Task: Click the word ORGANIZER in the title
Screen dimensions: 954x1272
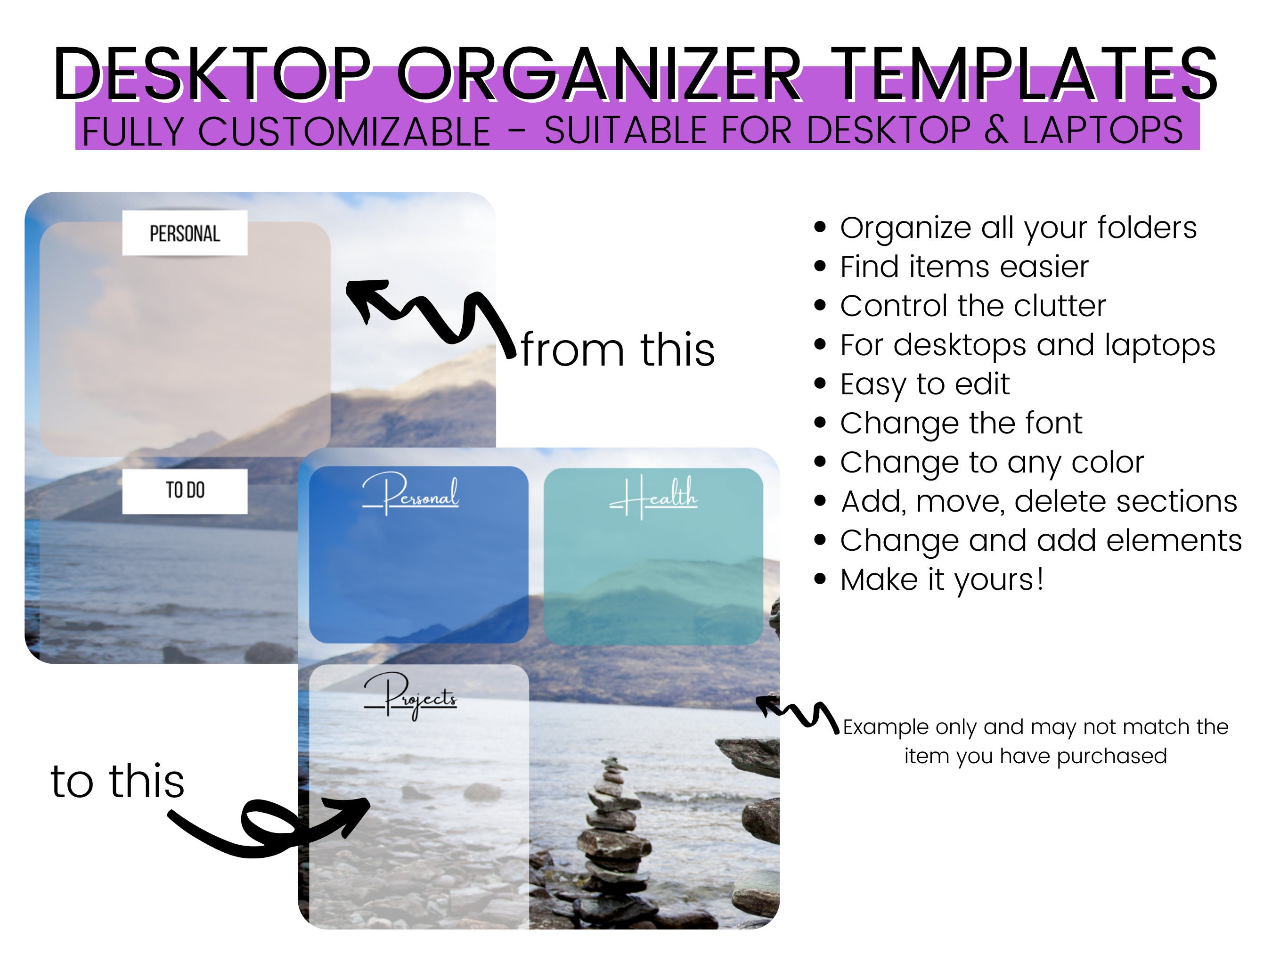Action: [x=598, y=75]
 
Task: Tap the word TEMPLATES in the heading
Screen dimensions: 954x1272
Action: [x=1027, y=75]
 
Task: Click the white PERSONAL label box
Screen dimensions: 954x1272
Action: [x=185, y=233]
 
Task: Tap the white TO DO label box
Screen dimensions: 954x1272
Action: [x=185, y=490]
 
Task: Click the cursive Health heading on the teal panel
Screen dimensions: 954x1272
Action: [x=654, y=496]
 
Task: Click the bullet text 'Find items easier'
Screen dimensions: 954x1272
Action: [x=964, y=267]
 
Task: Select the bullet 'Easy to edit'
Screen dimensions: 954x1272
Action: [x=924, y=384]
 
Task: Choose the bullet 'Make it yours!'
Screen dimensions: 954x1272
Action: [x=941, y=579]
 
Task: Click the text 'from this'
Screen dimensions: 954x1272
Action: [x=618, y=350]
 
